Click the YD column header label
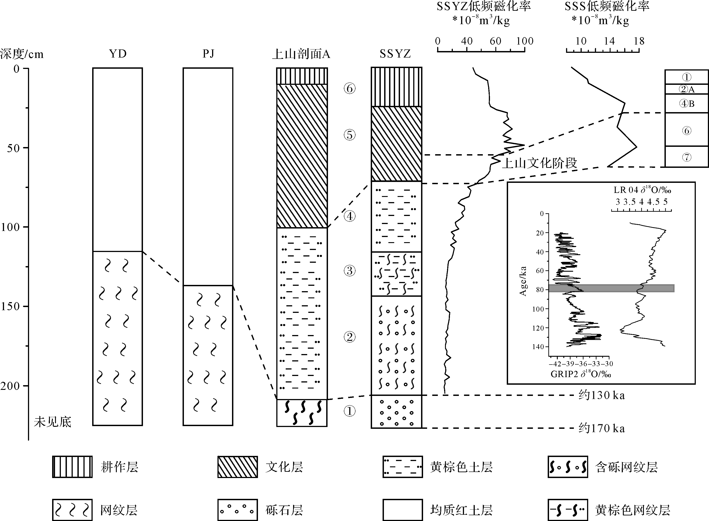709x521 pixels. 118,54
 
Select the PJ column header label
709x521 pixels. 208,54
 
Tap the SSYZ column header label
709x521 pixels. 395,54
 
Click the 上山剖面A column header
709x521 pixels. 301,54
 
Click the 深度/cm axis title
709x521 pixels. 22,54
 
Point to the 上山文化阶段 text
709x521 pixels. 539,163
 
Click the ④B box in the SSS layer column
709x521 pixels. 686,103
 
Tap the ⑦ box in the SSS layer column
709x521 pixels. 686,157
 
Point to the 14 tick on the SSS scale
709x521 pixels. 609,41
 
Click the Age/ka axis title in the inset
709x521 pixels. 523,281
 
